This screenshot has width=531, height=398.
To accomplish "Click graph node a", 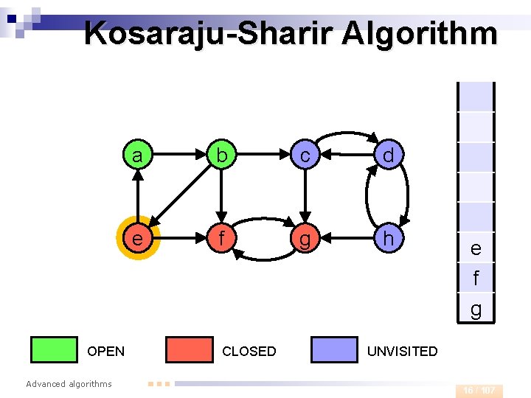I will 137,156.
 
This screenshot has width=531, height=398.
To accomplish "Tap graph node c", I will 304,156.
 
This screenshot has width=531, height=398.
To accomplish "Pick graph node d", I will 388,156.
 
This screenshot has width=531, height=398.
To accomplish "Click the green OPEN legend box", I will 54,350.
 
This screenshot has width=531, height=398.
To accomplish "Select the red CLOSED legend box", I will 189,350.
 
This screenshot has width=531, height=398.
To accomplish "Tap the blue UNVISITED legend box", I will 334,350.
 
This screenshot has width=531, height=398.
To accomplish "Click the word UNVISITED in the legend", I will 402,352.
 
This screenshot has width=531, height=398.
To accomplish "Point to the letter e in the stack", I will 476,249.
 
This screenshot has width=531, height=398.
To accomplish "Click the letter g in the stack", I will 476,310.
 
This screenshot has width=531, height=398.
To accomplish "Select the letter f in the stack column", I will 476,279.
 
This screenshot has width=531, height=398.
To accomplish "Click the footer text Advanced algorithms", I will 69,383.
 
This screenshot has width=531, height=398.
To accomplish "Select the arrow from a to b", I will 178,156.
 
